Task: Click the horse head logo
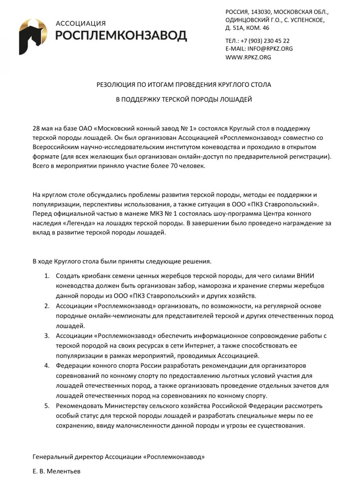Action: coord(33,36)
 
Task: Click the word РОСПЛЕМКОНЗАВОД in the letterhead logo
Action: coord(121,36)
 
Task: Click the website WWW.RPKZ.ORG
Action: coord(248,57)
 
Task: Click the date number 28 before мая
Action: coord(36,129)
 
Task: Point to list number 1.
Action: coord(47,276)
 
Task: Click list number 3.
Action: coord(47,336)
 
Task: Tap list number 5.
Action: coord(47,406)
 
